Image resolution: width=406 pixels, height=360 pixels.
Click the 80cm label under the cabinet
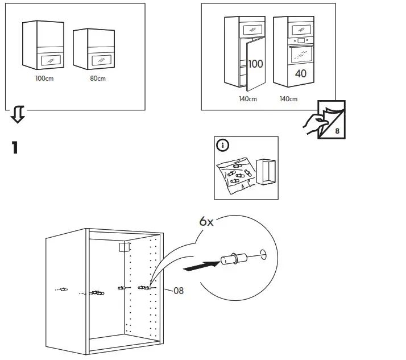pyautogui.click(x=98, y=78)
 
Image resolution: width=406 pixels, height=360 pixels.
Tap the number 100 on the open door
pyautogui.click(x=255, y=64)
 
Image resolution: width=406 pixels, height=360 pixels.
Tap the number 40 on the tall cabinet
pyautogui.click(x=300, y=73)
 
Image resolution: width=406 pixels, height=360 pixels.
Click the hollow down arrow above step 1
pyautogui.click(x=18, y=116)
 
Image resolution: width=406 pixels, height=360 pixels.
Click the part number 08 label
pyautogui.click(x=178, y=291)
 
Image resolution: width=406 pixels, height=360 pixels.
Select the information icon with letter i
pyautogui.click(x=222, y=146)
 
